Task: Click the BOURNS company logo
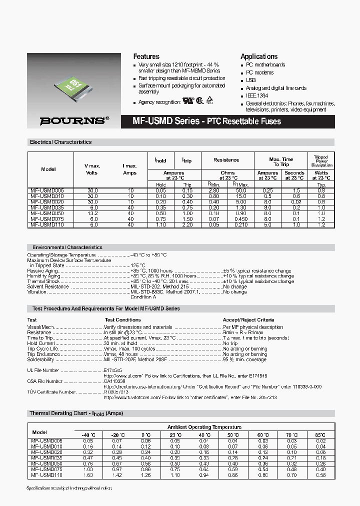[74, 120]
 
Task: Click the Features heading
[146, 56]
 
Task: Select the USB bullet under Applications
[250, 80]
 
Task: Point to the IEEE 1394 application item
[257, 95]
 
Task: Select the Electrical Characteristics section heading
[61, 142]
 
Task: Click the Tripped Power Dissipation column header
[321, 161]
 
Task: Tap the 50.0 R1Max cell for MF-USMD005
[241, 190]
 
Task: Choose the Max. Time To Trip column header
[281, 161]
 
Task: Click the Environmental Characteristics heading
[67, 247]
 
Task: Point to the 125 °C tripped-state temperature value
[138, 265]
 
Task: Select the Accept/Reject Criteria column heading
[248, 319]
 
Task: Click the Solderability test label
[40, 359]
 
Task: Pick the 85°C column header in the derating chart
[320, 435]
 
